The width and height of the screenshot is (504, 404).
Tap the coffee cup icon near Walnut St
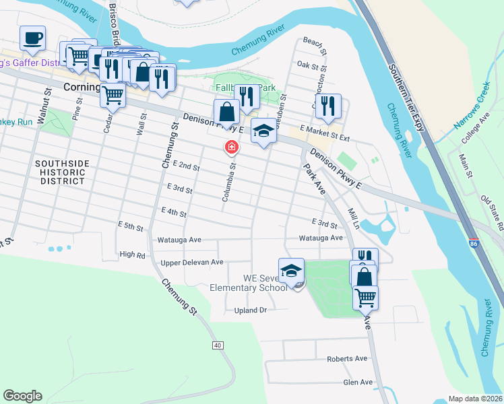(x=32, y=38)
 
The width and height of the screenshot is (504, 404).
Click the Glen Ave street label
(x=358, y=382)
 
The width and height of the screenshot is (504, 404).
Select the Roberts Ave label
(x=346, y=360)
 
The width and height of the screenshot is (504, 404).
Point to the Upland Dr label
(x=251, y=310)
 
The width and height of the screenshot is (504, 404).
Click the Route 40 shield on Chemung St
(x=217, y=345)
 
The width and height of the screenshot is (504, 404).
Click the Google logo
(x=22, y=396)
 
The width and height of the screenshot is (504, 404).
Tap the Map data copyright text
(x=476, y=399)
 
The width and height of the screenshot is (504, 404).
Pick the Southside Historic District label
(x=61, y=172)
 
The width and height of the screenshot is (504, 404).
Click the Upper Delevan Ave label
(x=192, y=262)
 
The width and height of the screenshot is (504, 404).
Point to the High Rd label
(x=131, y=255)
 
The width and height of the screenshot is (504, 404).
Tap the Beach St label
(x=315, y=46)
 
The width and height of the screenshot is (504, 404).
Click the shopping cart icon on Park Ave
(x=365, y=297)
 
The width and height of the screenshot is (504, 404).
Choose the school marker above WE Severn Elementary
(x=291, y=270)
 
